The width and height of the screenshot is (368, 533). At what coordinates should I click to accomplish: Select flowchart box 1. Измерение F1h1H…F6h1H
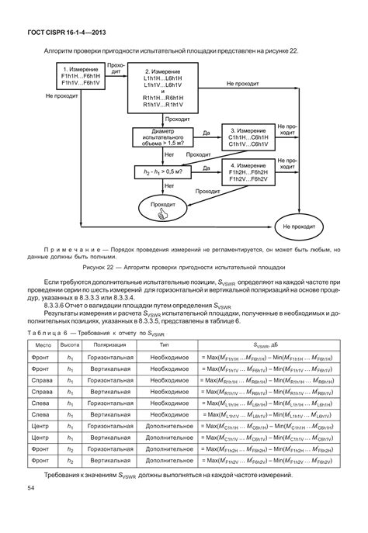pos(80,80)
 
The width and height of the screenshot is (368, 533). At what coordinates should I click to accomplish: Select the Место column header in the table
pos(43,342)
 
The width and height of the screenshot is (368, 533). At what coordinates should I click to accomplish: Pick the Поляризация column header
pos(106,342)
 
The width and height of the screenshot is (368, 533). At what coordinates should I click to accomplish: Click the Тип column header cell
pos(164,342)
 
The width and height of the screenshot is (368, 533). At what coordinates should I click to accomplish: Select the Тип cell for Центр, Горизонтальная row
pos(164,427)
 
